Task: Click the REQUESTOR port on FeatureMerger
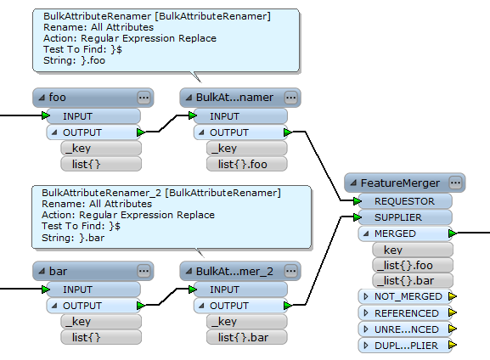(x=404, y=201)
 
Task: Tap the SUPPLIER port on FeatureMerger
(x=404, y=217)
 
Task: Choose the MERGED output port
(x=404, y=233)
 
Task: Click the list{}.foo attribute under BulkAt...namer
(x=246, y=164)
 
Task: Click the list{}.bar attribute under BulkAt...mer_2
(x=246, y=337)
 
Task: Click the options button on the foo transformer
(x=144, y=98)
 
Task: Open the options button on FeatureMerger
(x=456, y=183)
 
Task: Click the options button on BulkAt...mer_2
(x=290, y=272)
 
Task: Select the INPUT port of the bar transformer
(x=93, y=290)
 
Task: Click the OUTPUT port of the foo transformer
(x=93, y=132)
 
